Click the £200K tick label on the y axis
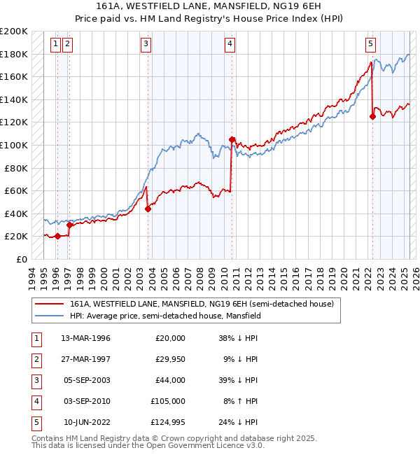tap(14, 31)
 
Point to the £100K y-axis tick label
tap(14, 145)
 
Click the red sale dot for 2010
tap(232, 140)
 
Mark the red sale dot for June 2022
tap(372, 117)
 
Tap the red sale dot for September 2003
tap(148, 209)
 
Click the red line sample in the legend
tap(49, 304)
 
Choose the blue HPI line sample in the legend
tap(49, 316)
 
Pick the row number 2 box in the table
tap(34, 359)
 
